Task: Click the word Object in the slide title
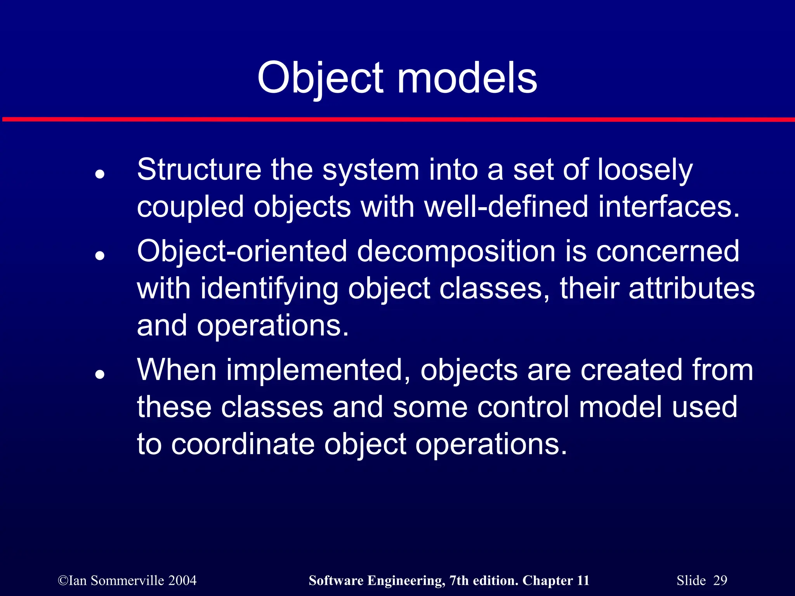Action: click(320, 78)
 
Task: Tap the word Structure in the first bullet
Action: click(199, 170)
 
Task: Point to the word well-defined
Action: click(506, 206)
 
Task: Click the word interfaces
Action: click(668, 206)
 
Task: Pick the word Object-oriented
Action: click(242, 251)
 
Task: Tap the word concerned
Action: click(667, 251)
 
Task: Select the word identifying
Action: click(269, 289)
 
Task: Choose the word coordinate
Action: click(243, 444)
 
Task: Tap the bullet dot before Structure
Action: click(100, 174)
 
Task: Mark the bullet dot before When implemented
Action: click(100, 374)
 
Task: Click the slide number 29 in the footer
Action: click(720, 580)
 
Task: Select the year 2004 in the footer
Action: click(182, 580)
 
